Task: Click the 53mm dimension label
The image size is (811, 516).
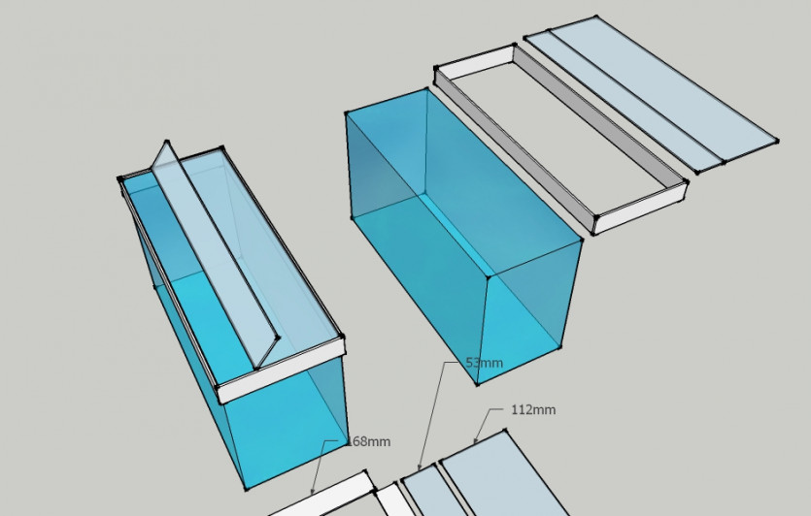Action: click(x=484, y=363)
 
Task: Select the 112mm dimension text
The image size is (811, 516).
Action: click(x=533, y=409)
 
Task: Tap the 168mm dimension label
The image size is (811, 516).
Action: click(x=369, y=441)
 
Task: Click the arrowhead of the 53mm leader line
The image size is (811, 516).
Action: click(x=420, y=467)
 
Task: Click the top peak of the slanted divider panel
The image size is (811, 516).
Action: click(x=166, y=141)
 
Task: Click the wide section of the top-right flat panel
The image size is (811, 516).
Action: click(x=662, y=88)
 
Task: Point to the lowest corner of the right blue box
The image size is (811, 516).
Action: click(x=477, y=384)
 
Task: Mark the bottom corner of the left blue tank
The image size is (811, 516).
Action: click(x=246, y=488)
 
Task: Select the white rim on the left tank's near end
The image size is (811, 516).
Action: click(x=281, y=370)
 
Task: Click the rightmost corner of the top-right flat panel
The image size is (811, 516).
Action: click(x=777, y=141)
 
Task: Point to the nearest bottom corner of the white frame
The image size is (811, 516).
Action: click(x=593, y=233)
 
